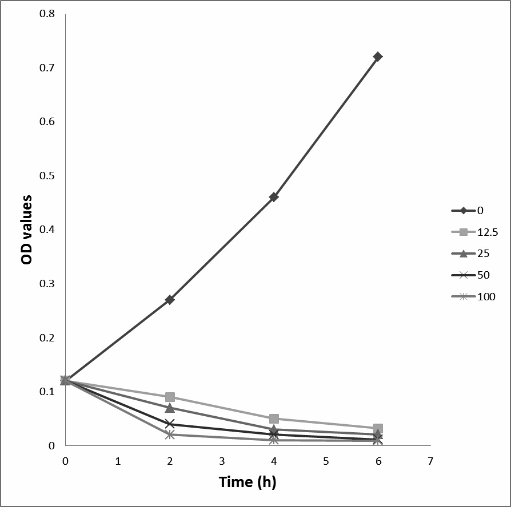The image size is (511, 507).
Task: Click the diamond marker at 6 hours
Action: [378, 57]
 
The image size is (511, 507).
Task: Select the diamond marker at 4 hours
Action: [274, 197]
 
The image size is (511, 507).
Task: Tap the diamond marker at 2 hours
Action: [170, 300]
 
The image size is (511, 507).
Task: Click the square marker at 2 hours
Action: [170, 397]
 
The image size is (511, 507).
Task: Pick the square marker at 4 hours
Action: [274, 419]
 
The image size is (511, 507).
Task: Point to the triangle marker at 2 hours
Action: [170, 408]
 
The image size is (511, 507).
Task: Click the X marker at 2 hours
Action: [170, 424]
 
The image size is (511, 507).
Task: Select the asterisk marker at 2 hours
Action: [170, 434]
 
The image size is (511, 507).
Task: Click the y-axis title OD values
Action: [26, 230]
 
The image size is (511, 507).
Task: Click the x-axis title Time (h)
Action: [247, 482]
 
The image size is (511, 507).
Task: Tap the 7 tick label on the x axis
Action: [430, 460]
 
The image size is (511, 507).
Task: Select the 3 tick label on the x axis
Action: [222, 460]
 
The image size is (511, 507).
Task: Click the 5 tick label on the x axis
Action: [326, 460]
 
